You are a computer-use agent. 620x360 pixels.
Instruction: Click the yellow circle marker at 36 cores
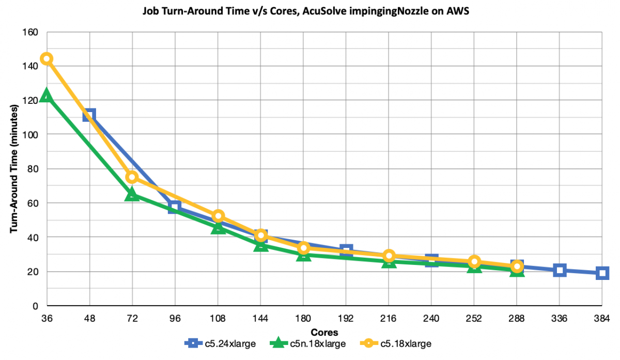[47, 58]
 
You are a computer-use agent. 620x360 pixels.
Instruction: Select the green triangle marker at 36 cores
[47, 96]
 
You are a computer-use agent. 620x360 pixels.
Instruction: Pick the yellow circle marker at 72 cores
[132, 177]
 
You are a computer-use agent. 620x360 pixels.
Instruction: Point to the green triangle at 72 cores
[132, 194]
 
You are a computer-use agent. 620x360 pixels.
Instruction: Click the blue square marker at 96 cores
[175, 207]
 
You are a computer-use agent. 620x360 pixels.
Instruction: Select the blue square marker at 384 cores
[602, 273]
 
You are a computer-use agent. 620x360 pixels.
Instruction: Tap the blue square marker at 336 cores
[560, 270]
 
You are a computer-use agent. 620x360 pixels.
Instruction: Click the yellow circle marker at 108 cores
[218, 215]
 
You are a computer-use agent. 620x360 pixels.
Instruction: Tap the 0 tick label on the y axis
[35, 306]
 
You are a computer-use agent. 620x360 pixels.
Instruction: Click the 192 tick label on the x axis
[346, 319]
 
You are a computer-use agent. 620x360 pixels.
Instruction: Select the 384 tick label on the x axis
[602, 319]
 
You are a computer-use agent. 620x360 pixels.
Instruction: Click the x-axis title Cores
[324, 331]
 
